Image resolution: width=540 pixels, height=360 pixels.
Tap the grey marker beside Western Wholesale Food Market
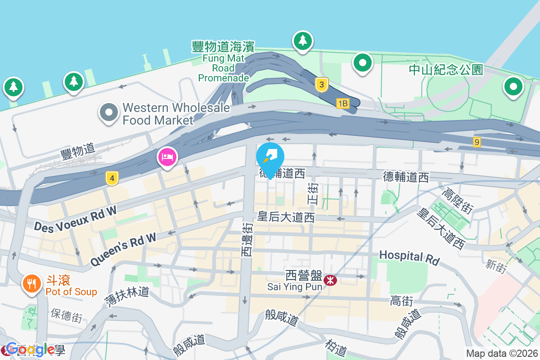point(109,112)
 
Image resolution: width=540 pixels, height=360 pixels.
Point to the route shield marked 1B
point(342,103)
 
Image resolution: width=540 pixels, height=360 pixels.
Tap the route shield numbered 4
point(112,179)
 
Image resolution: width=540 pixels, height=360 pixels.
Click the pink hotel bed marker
point(167,157)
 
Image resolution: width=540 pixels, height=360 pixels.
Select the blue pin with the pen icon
point(270,157)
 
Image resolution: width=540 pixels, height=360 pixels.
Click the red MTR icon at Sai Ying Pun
point(331,280)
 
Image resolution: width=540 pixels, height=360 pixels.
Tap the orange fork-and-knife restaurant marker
point(31,283)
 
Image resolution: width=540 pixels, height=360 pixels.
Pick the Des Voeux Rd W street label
point(76,219)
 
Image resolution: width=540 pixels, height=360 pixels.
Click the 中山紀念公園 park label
point(446,70)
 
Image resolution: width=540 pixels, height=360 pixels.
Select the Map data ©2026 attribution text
point(502,354)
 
